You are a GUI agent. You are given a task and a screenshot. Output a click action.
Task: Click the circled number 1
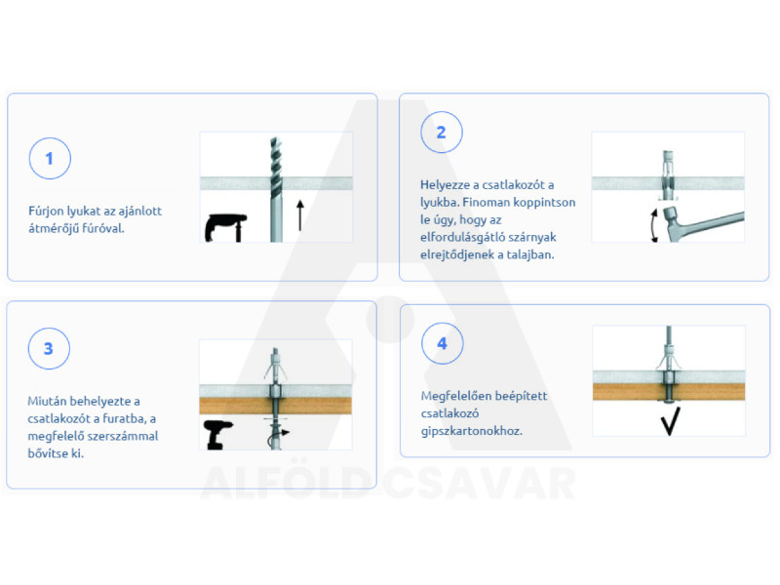pos(50,158)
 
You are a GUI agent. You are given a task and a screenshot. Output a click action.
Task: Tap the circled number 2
pos(442,133)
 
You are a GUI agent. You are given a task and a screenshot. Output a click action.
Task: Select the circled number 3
pos(49,348)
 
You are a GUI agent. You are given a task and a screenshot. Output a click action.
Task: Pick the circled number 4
pos(443,343)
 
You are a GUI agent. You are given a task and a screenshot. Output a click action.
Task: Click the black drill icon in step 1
pos(225,228)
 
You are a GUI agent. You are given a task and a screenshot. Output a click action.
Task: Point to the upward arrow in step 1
pos(300,215)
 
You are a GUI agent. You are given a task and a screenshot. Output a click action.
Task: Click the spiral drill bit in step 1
pos(276,189)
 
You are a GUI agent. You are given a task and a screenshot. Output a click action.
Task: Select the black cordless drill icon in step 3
pos(217,435)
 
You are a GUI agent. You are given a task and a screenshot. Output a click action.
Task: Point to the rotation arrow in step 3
pos(277,435)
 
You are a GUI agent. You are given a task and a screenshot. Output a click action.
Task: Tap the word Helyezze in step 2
pos(445,185)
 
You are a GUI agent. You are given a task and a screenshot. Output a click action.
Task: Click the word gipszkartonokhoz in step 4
pos(472,431)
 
